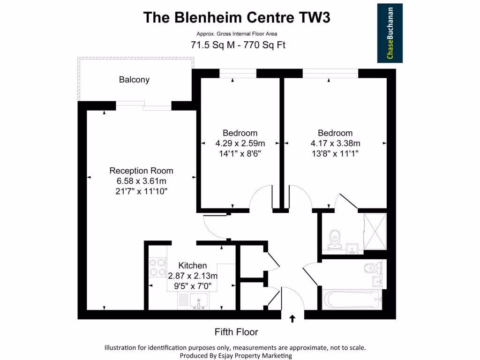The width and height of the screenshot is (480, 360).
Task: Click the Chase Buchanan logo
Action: pyautogui.click(x=390, y=33)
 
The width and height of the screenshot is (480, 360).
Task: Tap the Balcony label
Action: pyautogui.click(x=134, y=80)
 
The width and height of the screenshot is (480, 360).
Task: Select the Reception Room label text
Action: pyautogui.click(x=141, y=171)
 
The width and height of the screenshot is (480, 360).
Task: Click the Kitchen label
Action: pyautogui.click(x=192, y=266)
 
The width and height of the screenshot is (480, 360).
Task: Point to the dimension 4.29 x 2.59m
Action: pyautogui.click(x=240, y=143)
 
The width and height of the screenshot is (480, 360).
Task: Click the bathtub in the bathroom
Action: pyautogui.click(x=351, y=300)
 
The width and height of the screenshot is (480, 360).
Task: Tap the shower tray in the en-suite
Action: pyautogui.click(x=375, y=232)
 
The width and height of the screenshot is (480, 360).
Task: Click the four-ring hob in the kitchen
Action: pyautogui.click(x=157, y=268)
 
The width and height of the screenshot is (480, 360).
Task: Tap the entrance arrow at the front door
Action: pyautogui.click(x=292, y=319)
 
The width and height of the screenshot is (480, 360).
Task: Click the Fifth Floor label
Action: pyautogui.click(x=236, y=332)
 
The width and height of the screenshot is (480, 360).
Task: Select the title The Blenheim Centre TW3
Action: pyautogui.click(x=236, y=17)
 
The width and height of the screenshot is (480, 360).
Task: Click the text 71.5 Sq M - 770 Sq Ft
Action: pyautogui.click(x=238, y=45)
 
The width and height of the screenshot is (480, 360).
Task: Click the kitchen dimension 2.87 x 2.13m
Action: pyautogui.click(x=192, y=276)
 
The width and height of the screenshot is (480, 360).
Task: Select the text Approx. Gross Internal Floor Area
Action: pyautogui.click(x=237, y=34)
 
